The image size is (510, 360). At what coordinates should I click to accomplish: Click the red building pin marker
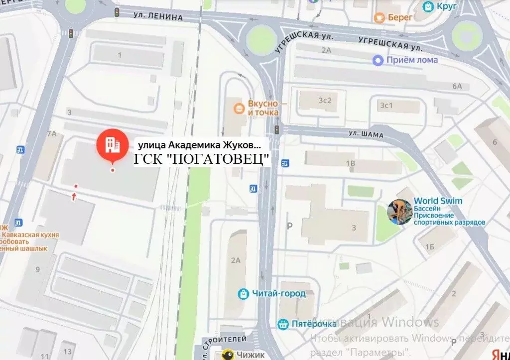(112, 145)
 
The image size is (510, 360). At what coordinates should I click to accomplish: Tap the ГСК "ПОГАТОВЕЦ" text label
(202, 160)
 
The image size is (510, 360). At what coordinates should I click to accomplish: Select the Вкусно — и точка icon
(240, 107)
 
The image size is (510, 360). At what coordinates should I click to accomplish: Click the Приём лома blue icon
(379, 60)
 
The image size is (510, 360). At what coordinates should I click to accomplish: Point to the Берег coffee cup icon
(380, 17)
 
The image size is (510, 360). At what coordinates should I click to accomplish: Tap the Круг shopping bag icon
(427, 6)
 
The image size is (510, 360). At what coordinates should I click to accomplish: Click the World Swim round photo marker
(400, 212)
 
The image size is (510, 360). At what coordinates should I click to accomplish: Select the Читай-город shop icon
(243, 294)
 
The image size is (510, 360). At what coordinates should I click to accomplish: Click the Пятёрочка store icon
(282, 324)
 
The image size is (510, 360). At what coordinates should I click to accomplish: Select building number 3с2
(325, 100)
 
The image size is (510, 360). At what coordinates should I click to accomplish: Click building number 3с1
(386, 105)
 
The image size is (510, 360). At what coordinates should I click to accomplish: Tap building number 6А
(457, 86)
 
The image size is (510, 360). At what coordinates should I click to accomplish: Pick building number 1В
(351, 163)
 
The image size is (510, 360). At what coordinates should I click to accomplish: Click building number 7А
(51, 134)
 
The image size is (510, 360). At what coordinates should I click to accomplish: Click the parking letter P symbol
(289, 226)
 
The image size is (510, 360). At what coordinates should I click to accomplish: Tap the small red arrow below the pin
(74, 197)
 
